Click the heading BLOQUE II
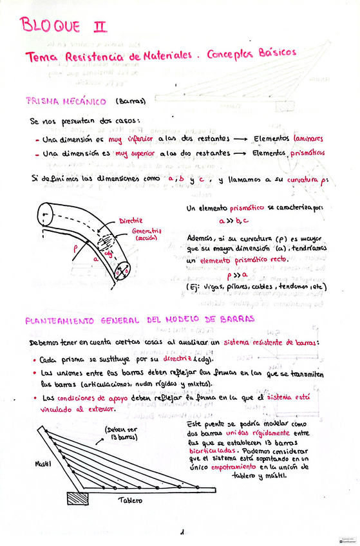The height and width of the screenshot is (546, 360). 63,26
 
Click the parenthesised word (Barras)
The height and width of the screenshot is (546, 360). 131,101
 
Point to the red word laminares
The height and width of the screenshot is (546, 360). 307,138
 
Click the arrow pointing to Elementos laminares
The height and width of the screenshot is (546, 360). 233,138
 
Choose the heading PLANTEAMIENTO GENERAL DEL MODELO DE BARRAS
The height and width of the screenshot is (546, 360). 140,319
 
